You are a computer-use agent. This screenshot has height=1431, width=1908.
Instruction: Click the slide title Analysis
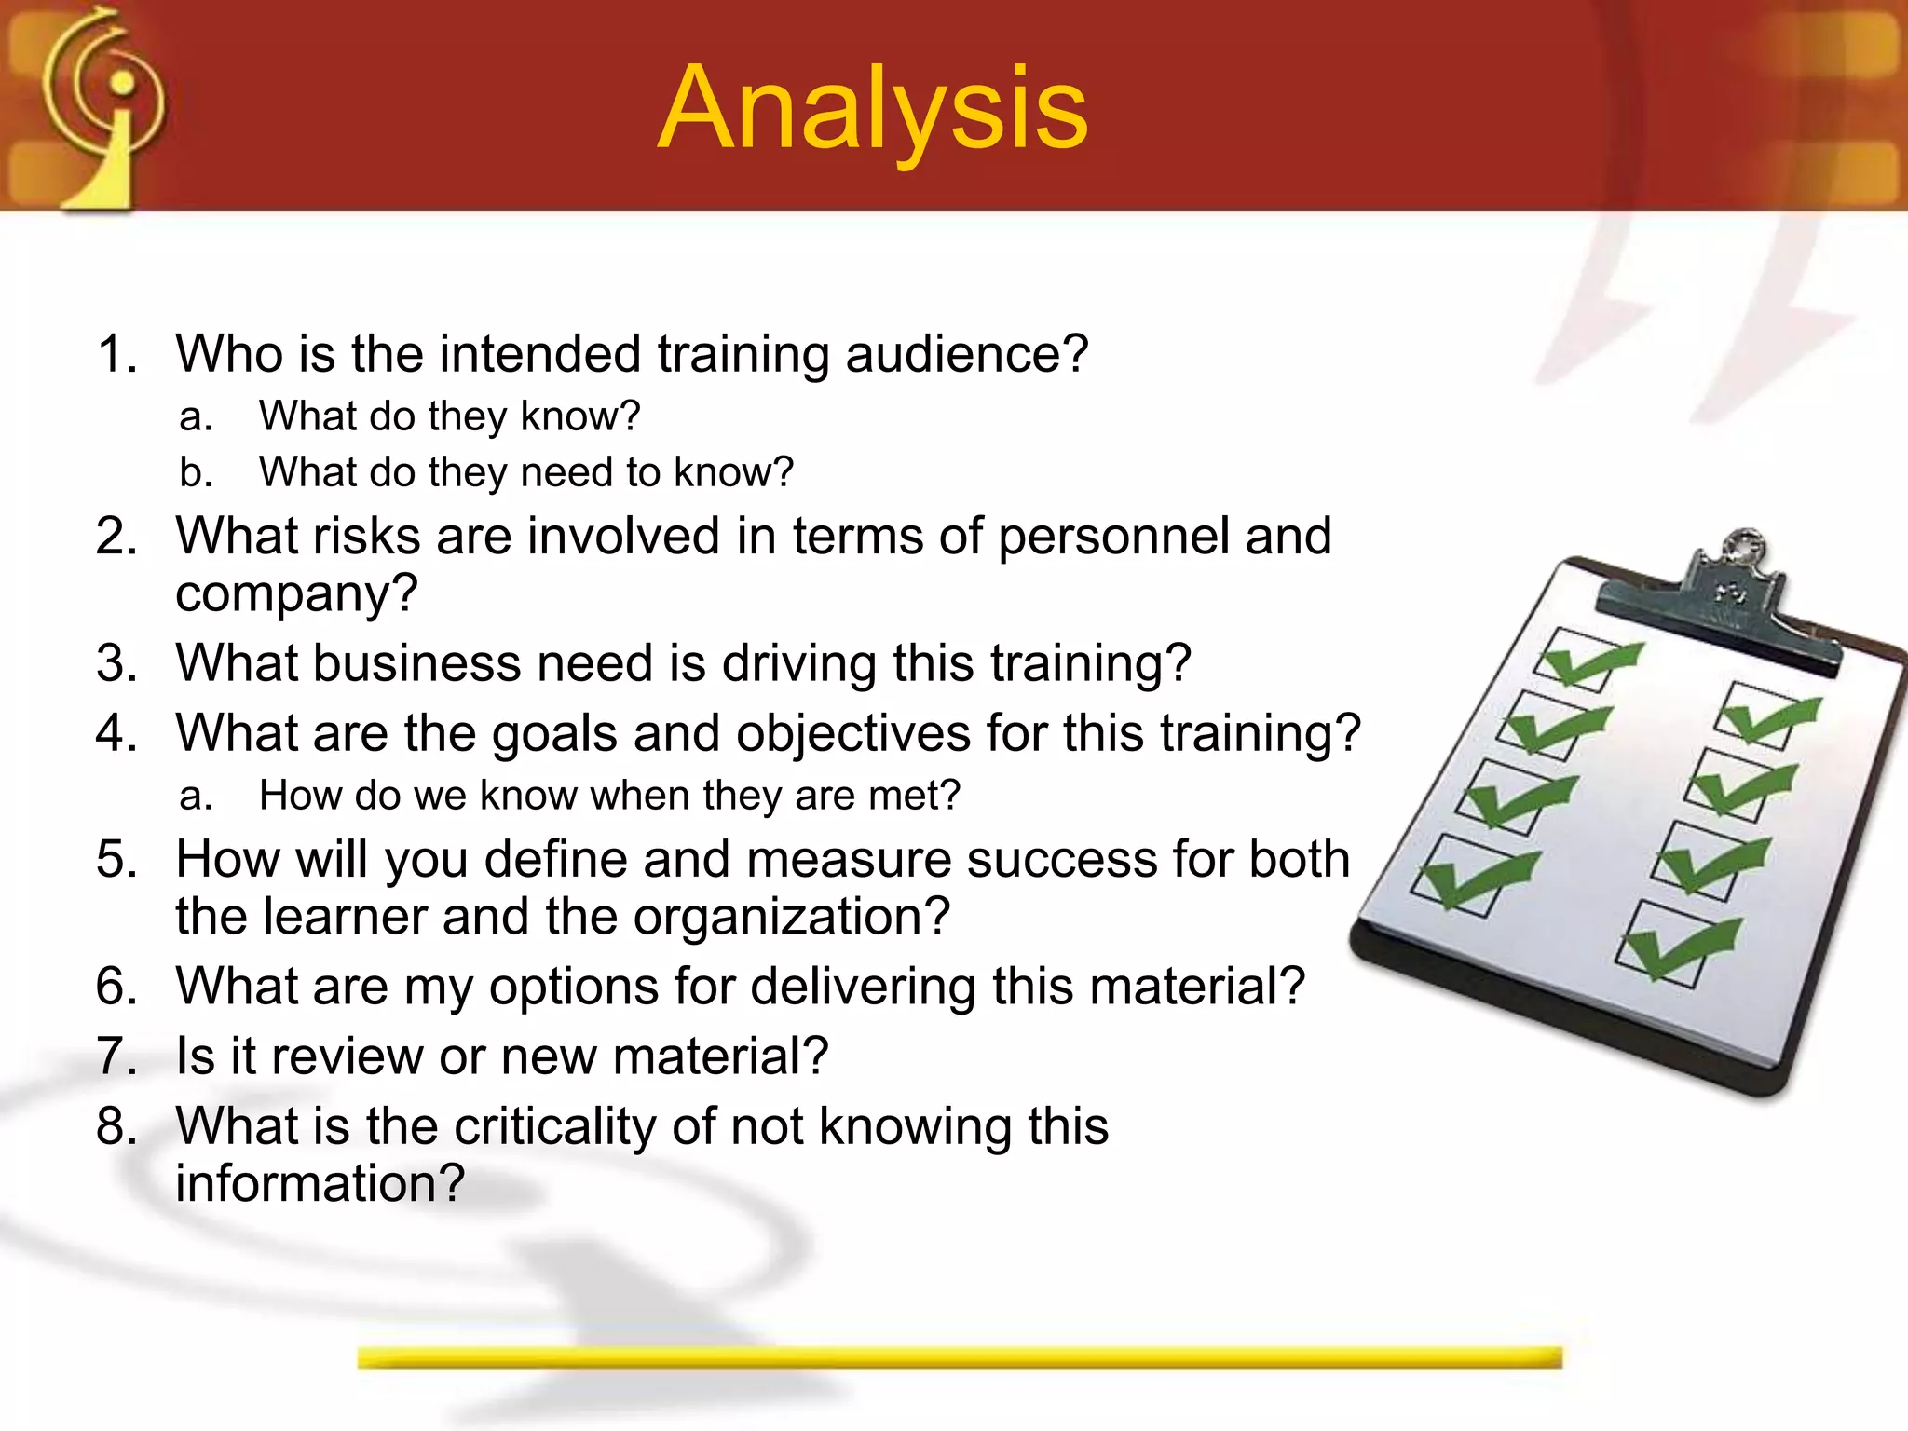point(873,108)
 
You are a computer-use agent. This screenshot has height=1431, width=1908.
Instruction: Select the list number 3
point(116,663)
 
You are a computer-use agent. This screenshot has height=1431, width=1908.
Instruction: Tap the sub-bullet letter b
point(195,472)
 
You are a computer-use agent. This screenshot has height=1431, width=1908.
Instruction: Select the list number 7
point(116,1056)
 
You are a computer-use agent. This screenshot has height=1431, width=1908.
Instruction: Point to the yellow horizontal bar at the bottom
point(960,1357)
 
